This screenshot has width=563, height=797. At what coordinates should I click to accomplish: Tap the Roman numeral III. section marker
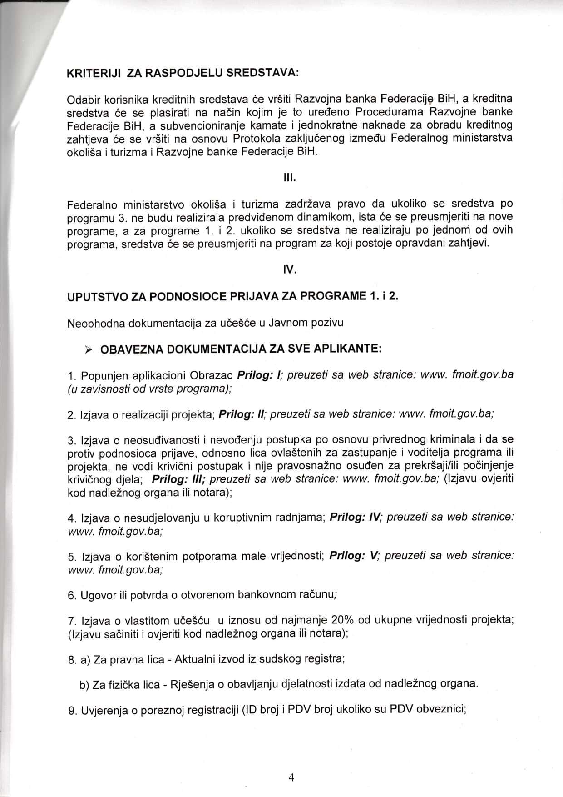point(290,177)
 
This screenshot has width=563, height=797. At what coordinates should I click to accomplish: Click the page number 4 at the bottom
point(291,777)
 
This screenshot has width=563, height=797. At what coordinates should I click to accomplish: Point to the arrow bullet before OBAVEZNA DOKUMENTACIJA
point(89,349)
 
